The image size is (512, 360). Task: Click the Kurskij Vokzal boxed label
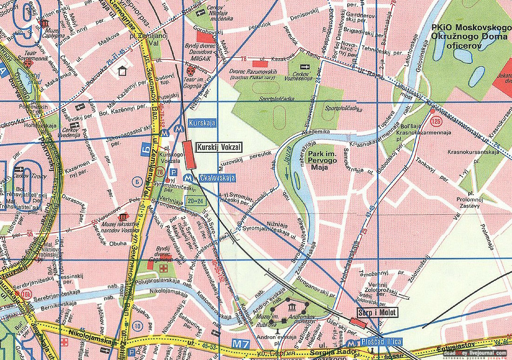tap(219, 147)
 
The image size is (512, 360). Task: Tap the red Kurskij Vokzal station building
tap(189, 155)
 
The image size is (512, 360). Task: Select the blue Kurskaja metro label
tap(202, 122)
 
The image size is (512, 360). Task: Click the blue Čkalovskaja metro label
tap(216, 177)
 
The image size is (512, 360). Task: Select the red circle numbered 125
tap(436, 122)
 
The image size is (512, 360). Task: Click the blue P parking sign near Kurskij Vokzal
tap(174, 171)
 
